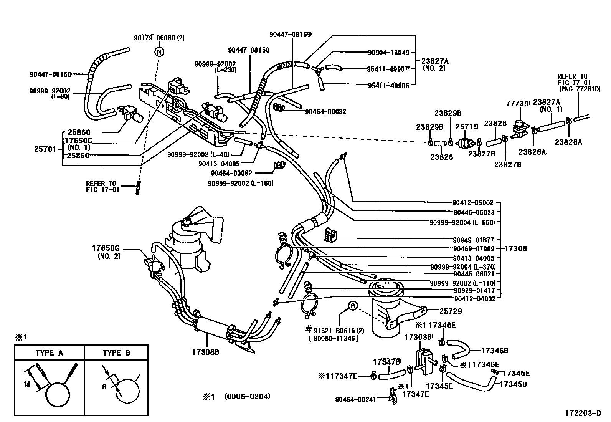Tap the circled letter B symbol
[x=352, y=306]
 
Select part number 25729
[x=451, y=311]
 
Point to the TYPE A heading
[x=50, y=353]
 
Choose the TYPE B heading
[x=117, y=353]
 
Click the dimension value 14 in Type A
[x=26, y=384]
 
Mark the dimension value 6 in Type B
[x=104, y=387]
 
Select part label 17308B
[x=206, y=351]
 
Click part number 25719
[x=467, y=126]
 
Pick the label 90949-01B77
[x=474, y=240]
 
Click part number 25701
[x=45, y=148]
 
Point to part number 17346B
[x=494, y=350]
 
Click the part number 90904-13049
[x=388, y=53]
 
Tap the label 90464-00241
[x=356, y=399]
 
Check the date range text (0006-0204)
[x=247, y=396]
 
